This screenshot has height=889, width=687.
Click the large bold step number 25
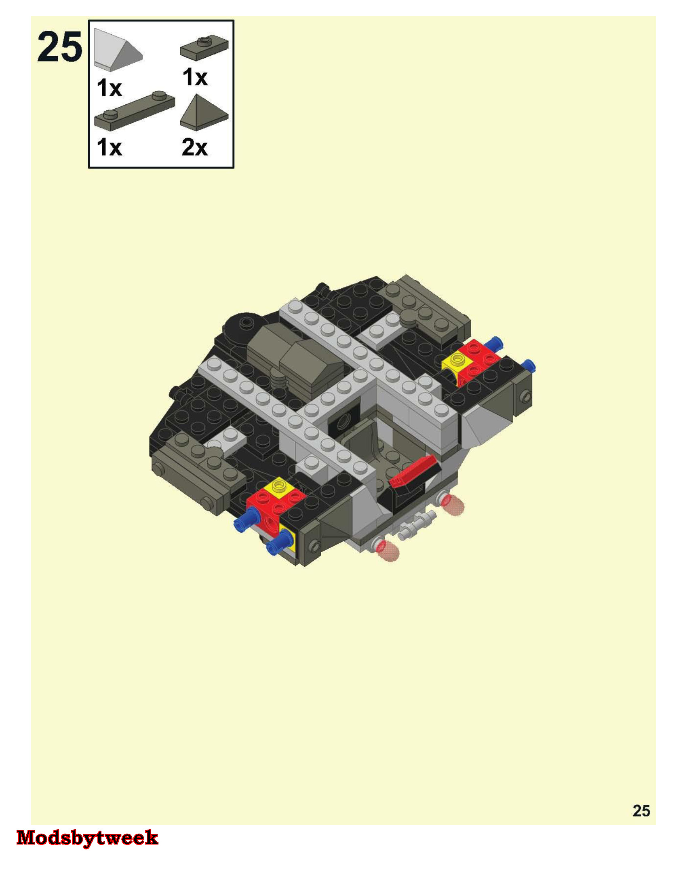pyautogui.click(x=60, y=48)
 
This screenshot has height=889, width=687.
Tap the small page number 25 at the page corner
pyautogui.click(x=641, y=811)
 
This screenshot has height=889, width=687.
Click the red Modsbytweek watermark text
pyautogui.click(x=87, y=838)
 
